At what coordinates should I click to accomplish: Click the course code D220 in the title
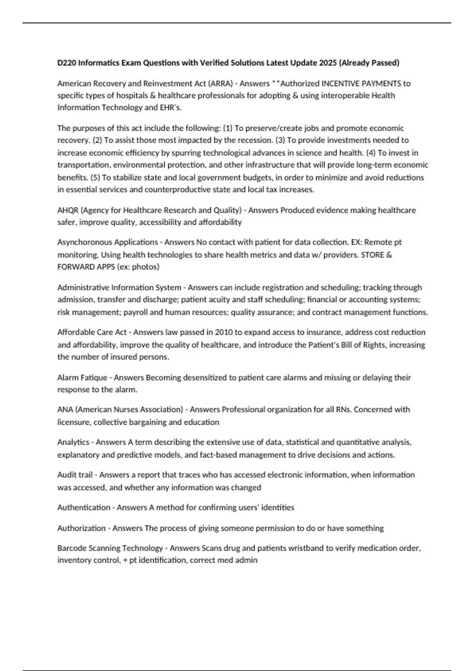point(66,63)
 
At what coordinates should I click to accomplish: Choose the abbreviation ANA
point(65,409)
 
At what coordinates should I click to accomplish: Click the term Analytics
point(73,442)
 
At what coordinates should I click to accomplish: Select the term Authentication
point(84,507)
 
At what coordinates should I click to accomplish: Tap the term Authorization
point(81,528)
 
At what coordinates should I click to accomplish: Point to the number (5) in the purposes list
point(95,177)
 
